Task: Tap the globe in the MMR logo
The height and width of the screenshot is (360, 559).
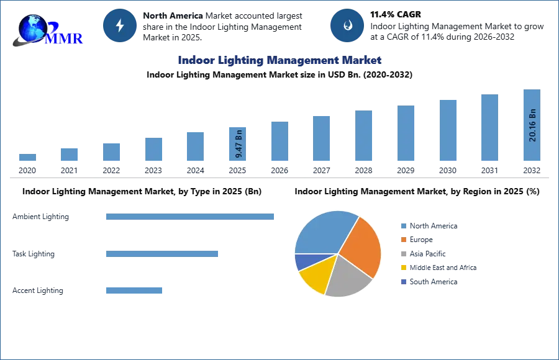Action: coord(33,28)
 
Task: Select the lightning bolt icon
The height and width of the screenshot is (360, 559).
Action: coord(120,25)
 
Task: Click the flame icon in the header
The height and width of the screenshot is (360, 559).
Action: coord(347,25)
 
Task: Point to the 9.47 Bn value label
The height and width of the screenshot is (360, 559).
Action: coord(239,143)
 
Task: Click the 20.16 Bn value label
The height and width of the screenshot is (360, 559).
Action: coord(532,125)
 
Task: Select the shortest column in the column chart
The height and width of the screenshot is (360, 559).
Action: coord(27,159)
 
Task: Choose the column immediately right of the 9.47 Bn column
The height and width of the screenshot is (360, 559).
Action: coord(278,142)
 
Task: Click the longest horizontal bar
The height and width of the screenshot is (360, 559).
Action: coord(190,218)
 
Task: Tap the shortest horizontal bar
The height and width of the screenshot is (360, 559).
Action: coord(134,290)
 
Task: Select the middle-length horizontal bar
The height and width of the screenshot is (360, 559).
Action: coord(161,253)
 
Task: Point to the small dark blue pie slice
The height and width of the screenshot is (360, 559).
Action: coord(301,261)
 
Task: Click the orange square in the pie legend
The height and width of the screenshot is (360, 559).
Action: coord(403,239)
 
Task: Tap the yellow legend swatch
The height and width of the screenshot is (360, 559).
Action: coord(403,268)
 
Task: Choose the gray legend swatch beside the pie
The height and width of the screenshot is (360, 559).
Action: coord(403,254)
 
